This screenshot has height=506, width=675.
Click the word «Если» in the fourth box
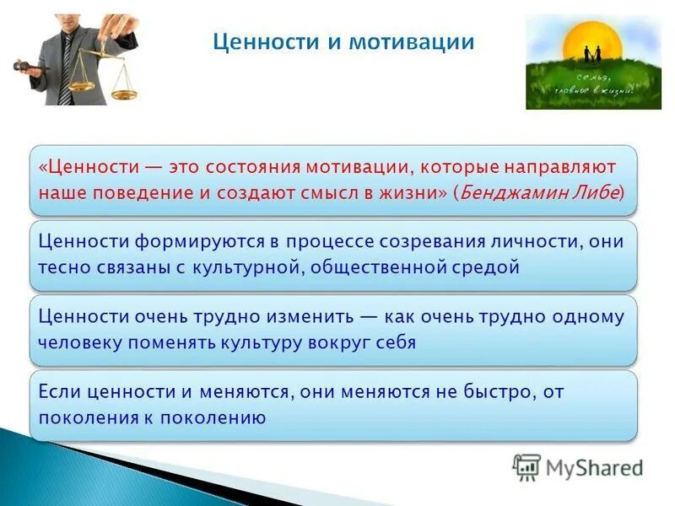[57, 391]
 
